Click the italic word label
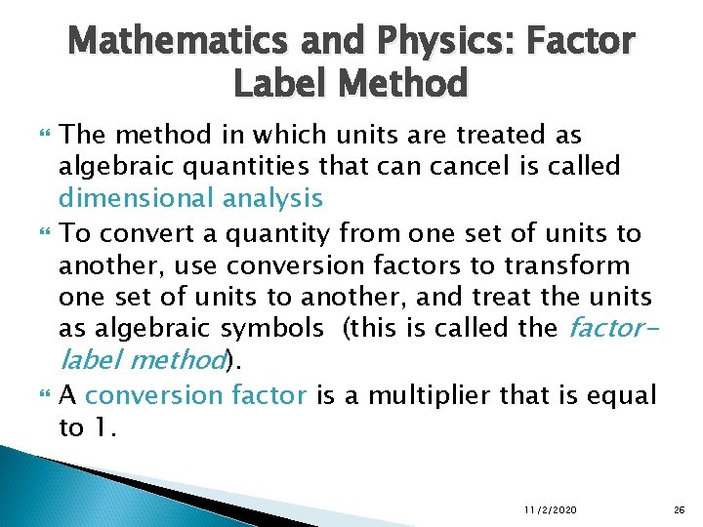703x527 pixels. tap(90, 360)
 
